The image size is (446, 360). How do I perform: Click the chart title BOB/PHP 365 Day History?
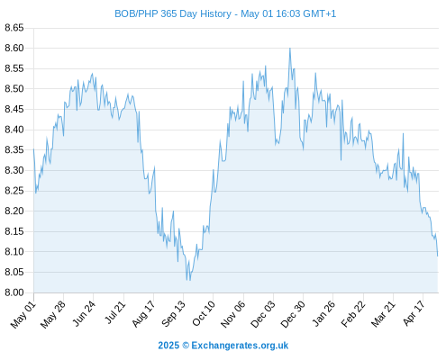(x=173, y=14)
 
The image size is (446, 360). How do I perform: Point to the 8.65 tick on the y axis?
(x=14, y=28)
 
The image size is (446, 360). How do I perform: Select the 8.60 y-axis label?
(x=14, y=48)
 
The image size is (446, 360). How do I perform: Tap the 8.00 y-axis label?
(x=14, y=292)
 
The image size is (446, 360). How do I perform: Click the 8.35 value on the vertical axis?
(x=14, y=149)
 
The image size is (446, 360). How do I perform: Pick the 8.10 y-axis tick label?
(x=14, y=252)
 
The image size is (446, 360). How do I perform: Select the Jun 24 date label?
(x=84, y=313)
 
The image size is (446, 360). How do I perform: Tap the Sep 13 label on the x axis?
(x=173, y=314)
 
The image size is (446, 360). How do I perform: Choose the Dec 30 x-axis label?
(x=293, y=314)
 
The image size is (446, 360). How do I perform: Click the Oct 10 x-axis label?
(x=204, y=313)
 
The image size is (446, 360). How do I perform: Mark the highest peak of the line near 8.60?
(x=290, y=48)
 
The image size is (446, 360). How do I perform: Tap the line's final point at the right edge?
(x=438, y=256)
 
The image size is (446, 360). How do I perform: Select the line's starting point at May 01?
(x=33, y=149)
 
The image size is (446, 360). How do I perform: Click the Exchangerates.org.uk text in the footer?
(x=240, y=346)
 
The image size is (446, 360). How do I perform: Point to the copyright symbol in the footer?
(x=186, y=346)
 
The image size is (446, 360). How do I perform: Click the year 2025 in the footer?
(x=168, y=346)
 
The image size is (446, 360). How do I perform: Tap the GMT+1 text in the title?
(x=319, y=14)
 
